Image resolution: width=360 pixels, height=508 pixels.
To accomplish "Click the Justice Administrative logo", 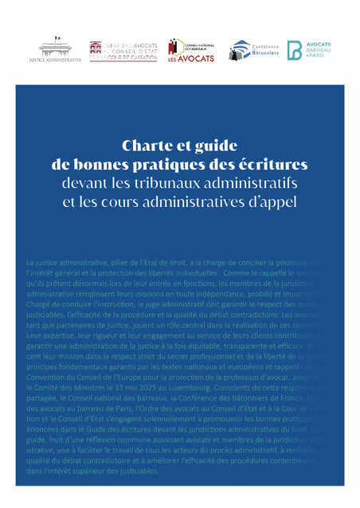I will (55, 49).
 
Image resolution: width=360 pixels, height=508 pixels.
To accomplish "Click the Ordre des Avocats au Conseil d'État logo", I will (117, 51).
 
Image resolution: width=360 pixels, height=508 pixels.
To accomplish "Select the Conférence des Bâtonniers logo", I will (251, 50).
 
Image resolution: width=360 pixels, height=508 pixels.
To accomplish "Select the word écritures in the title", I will (274, 166).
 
